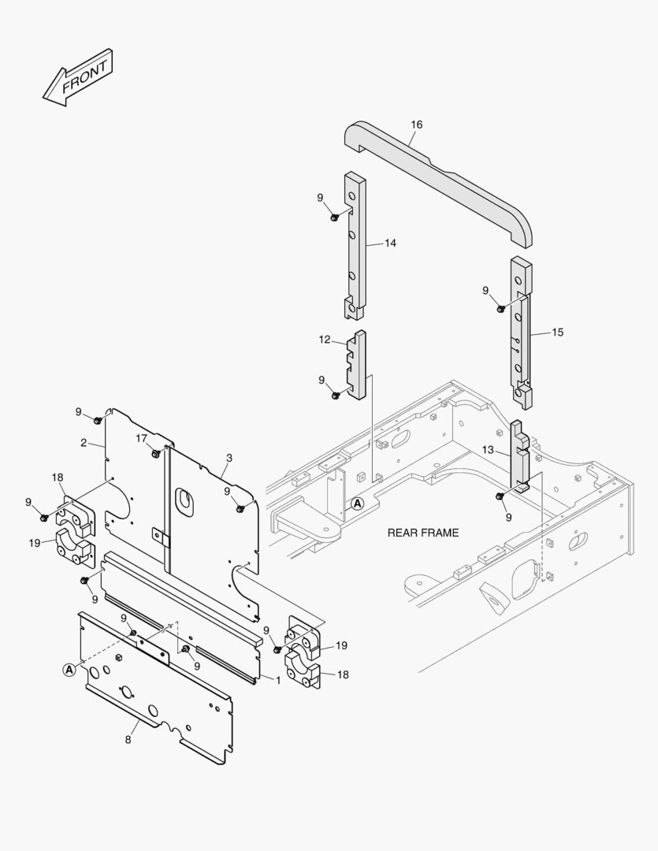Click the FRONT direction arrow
point(78,78)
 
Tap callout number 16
point(417,124)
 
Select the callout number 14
point(390,243)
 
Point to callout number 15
point(557,333)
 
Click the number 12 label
point(325,340)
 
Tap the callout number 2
point(84,443)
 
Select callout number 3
point(229,458)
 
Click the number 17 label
point(141,438)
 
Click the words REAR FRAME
point(422,533)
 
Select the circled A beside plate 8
point(69,669)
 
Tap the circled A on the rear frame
point(358,504)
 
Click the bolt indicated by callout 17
point(156,454)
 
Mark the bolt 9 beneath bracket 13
point(500,496)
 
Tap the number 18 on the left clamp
point(58,478)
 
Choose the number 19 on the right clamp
point(341,645)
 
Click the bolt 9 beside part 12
point(336,395)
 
